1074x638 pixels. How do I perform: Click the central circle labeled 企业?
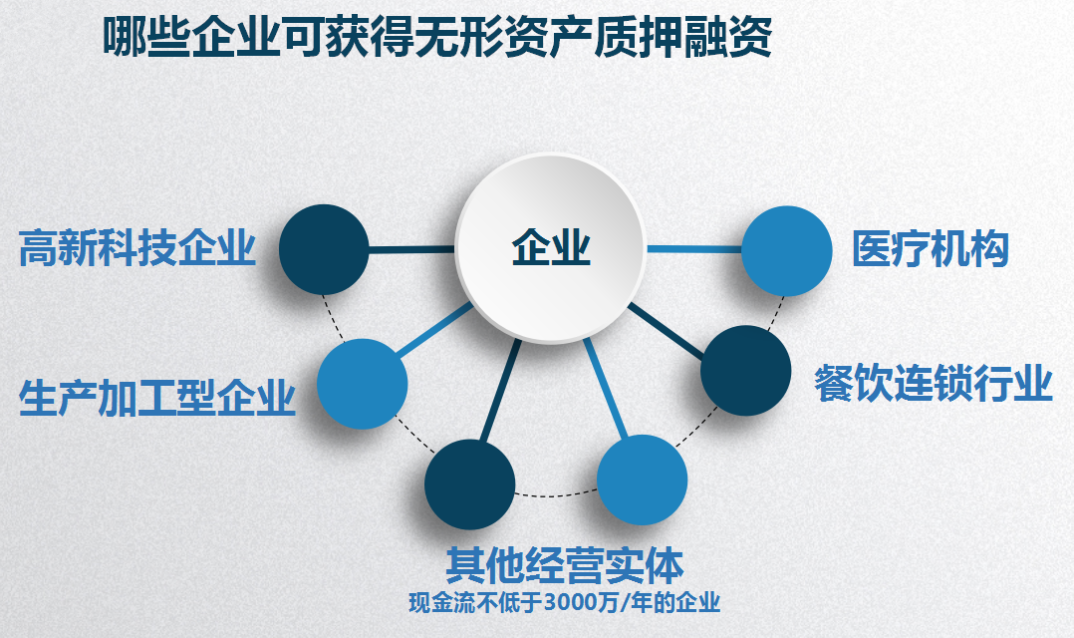pyautogui.click(x=551, y=248)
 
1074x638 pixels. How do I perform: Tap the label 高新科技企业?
pyautogui.click(x=137, y=248)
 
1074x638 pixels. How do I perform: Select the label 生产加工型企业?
pyautogui.click(x=157, y=398)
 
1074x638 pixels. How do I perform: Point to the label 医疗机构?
pyautogui.click(x=931, y=248)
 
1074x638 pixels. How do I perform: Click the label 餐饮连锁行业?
pyautogui.click(x=933, y=383)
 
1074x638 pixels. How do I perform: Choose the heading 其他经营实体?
pyautogui.click(x=565, y=565)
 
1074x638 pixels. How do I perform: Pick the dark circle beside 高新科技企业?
pyautogui.click(x=324, y=249)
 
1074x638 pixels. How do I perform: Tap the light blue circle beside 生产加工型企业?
pyautogui.click(x=363, y=384)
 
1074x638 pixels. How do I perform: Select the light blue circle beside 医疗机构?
pyautogui.click(x=787, y=251)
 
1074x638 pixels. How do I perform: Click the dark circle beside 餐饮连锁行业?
pyautogui.click(x=746, y=370)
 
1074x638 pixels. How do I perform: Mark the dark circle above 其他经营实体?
pyautogui.click(x=470, y=484)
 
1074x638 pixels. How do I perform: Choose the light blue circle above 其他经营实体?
pyautogui.click(x=643, y=479)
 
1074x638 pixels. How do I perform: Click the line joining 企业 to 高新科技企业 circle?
pyautogui.click(x=411, y=249)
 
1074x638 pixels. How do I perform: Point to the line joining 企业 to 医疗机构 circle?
pyautogui.click(x=694, y=249)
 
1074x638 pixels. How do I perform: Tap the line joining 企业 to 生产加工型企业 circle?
pyautogui.click(x=435, y=330)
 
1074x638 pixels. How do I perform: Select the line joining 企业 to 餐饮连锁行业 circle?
pyautogui.click(x=666, y=331)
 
